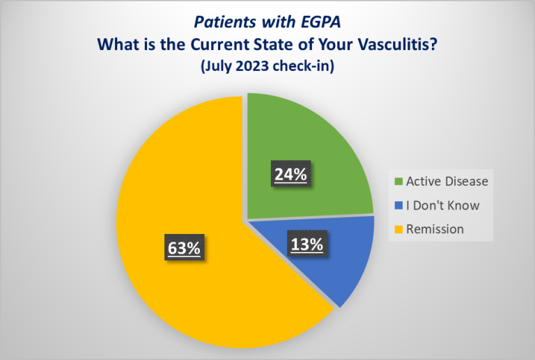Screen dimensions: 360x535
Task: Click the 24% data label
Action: tap(290, 175)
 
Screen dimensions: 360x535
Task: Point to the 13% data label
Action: tap(306, 244)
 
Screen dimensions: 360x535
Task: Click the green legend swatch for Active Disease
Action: tap(398, 182)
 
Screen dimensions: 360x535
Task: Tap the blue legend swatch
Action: tap(398, 205)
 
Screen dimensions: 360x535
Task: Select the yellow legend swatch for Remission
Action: tap(398, 228)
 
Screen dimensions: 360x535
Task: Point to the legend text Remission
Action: tap(436, 228)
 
